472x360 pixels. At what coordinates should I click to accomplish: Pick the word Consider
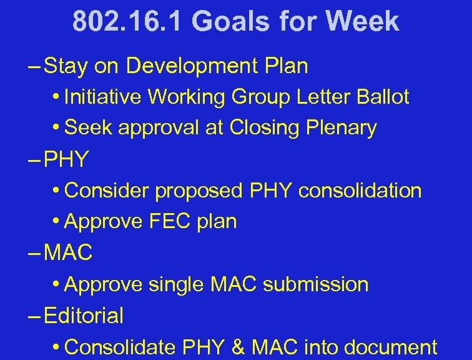107,191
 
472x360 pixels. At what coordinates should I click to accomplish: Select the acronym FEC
165,222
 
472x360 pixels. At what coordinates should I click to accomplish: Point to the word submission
315,284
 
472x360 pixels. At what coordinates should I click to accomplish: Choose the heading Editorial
84,316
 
